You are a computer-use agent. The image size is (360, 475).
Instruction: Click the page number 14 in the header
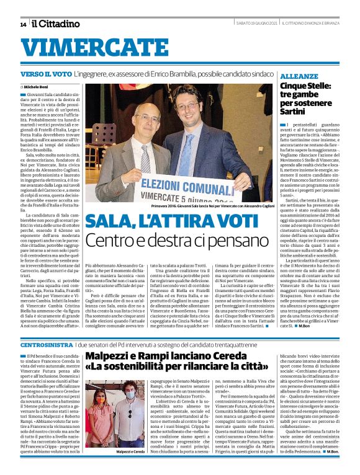(x=23, y=24)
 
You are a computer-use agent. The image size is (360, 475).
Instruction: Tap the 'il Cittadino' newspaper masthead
(x=56, y=24)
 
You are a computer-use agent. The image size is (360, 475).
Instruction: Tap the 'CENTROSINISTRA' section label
(x=46, y=343)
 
